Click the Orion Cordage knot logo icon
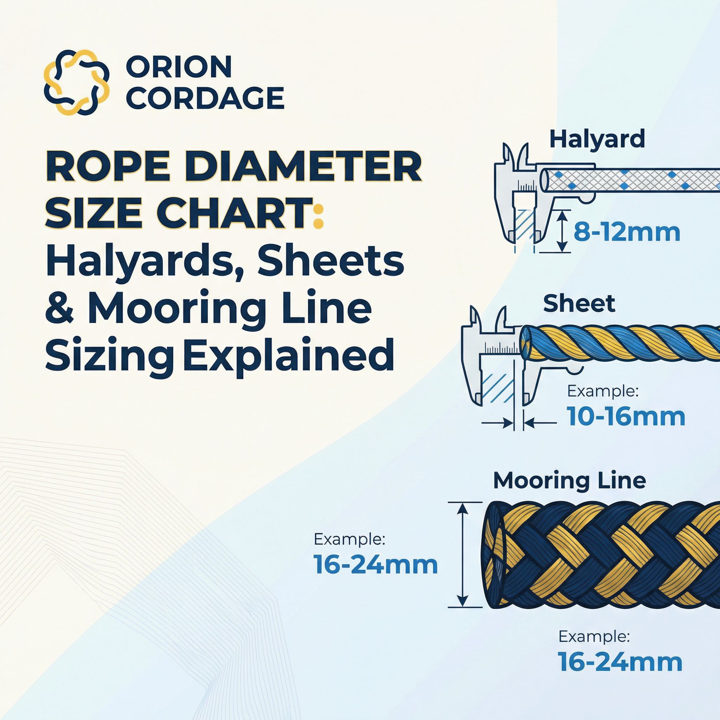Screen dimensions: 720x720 pyautogui.click(x=76, y=82)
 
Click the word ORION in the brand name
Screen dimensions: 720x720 pyautogui.click(x=179, y=67)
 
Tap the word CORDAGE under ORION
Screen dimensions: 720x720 pyautogui.click(x=204, y=98)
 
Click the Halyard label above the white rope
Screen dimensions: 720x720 pyautogui.click(x=597, y=139)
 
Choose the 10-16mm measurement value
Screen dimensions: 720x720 pyautogui.click(x=626, y=416)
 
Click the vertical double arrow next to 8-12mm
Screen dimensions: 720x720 pyautogui.click(x=560, y=231)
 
